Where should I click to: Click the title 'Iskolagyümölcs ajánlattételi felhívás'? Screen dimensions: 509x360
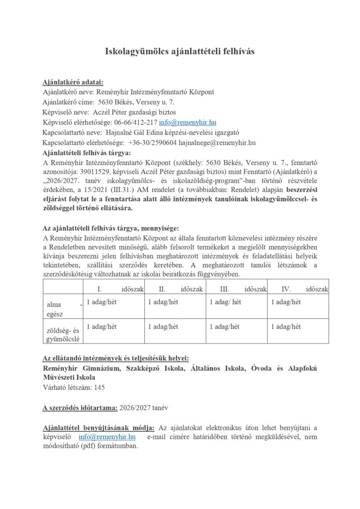[180, 52]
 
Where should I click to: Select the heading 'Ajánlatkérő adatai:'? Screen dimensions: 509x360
[73, 82]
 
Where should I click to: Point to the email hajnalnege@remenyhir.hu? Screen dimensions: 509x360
[217, 143]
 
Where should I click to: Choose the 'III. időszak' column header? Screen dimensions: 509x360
[237, 288]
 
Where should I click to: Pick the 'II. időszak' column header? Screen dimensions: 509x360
[176, 288]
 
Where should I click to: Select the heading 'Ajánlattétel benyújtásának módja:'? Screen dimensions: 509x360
[98, 427]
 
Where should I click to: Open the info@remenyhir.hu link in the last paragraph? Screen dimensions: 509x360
[107, 437]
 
